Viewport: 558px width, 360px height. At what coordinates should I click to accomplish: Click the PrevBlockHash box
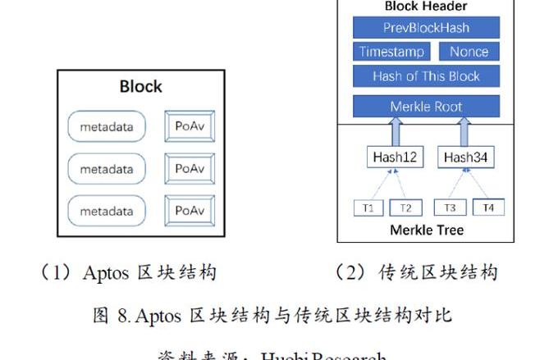pos(426,28)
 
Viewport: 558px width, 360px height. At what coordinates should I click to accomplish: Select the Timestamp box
pos(392,52)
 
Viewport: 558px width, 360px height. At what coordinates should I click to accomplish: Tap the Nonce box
pos(469,52)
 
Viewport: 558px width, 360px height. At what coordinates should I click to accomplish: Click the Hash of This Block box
pos(426,76)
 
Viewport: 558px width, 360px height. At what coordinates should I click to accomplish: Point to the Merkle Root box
pos(426,107)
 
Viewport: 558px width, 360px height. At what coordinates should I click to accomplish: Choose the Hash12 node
pos(396,157)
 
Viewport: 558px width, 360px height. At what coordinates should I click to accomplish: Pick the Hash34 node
pos(464,157)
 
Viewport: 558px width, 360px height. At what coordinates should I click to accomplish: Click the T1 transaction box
pos(368,207)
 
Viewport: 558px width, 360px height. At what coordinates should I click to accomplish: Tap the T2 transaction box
pos(405,207)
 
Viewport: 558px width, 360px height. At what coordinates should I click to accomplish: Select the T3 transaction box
pos(451,207)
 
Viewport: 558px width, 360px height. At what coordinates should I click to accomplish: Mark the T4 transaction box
pos(488,207)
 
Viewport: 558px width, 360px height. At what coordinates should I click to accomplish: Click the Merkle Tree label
pos(427,230)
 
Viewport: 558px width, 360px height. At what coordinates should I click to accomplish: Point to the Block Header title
pos(426,7)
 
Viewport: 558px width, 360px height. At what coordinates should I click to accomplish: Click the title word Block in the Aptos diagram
pos(141,86)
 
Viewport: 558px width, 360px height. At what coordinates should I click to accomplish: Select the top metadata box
pos(107,127)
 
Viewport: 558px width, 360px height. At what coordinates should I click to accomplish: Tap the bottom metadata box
pos(107,212)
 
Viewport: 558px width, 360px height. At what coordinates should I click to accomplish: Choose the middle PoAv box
pos(190,169)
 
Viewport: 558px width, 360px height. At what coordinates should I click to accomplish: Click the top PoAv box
pos(190,126)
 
